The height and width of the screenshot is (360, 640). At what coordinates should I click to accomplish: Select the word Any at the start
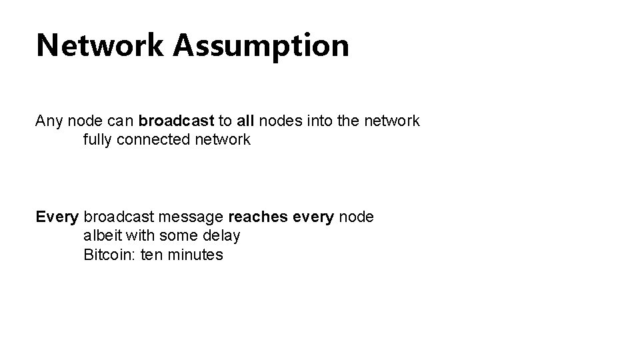click(49, 121)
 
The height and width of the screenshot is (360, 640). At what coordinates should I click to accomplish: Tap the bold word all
click(245, 121)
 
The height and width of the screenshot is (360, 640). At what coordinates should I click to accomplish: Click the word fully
click(98, 140)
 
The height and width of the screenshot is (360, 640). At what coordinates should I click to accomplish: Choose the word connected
click(153, 140)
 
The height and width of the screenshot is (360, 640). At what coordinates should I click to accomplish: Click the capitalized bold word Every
click(58, 217)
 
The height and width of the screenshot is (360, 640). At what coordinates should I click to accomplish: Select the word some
click(182, 236)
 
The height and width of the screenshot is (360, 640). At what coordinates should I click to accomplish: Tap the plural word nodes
click(280, 121)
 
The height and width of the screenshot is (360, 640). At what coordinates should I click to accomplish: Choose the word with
click(142, 236)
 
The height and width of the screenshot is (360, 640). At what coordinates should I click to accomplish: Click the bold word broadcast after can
click(176, 121)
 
